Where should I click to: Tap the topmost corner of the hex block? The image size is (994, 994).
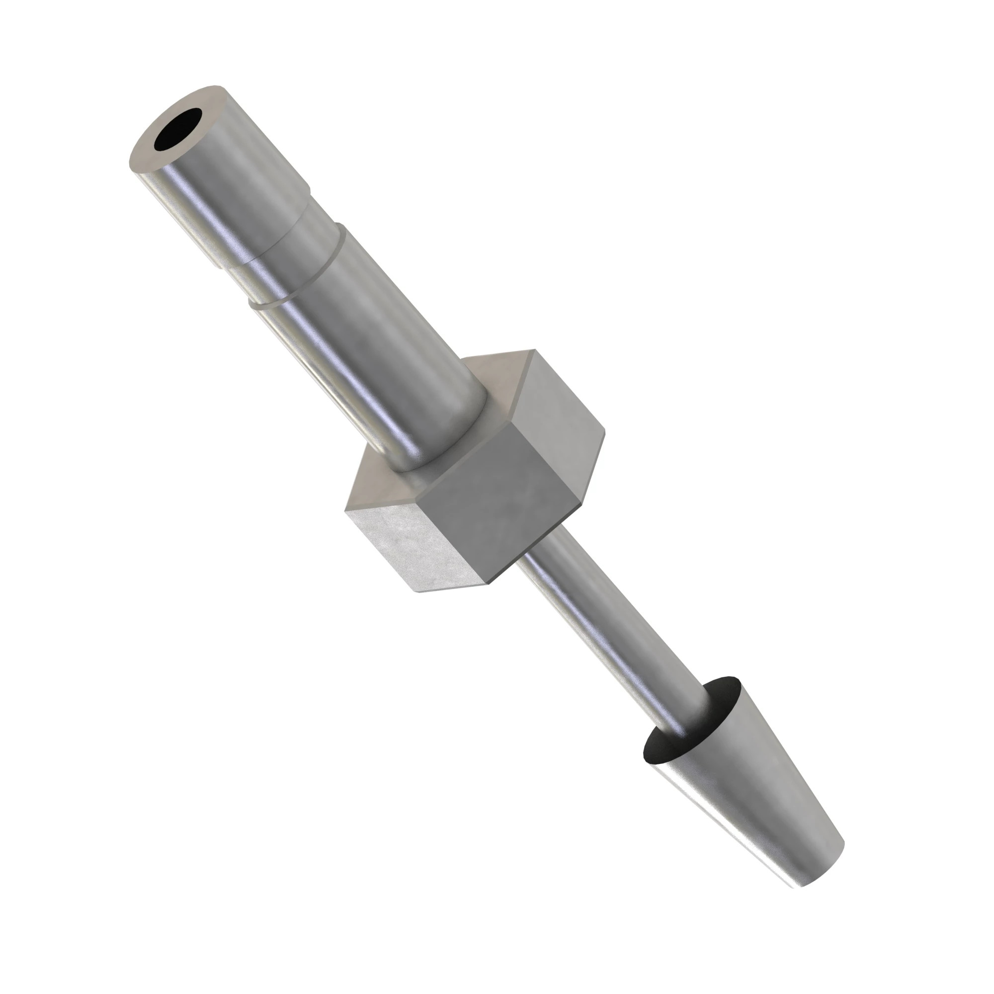[534, 350]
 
